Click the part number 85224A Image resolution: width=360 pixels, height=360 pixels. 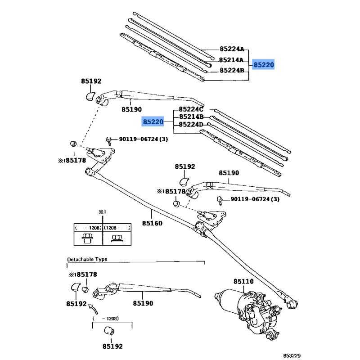(x=232, y=49)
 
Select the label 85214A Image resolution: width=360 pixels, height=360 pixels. (x=232, y=60)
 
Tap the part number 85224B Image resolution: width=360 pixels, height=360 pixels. (x=232, y=71)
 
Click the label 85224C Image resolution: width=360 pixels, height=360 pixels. (x=191, y=109)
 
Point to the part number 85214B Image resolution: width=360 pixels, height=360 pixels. (x=191, y=117)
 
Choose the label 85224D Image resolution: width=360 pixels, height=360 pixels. (x=191, y=125)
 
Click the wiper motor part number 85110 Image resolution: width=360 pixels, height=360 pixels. (x=243, y=282)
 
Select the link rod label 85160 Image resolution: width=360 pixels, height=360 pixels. (x=152, y=223)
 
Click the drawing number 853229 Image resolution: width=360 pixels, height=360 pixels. (x=342, y=355)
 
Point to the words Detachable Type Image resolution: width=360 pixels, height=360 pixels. (x=87, y=260)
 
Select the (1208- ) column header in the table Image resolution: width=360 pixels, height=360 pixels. (x=117, y=228)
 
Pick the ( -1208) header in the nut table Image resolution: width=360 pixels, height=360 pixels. (x=88, y=228)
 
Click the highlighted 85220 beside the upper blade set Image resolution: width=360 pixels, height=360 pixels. (x=263, y=65)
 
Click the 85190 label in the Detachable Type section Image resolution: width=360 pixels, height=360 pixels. (x=143, y=304)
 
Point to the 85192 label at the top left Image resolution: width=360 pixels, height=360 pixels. (x=91, y=81)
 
